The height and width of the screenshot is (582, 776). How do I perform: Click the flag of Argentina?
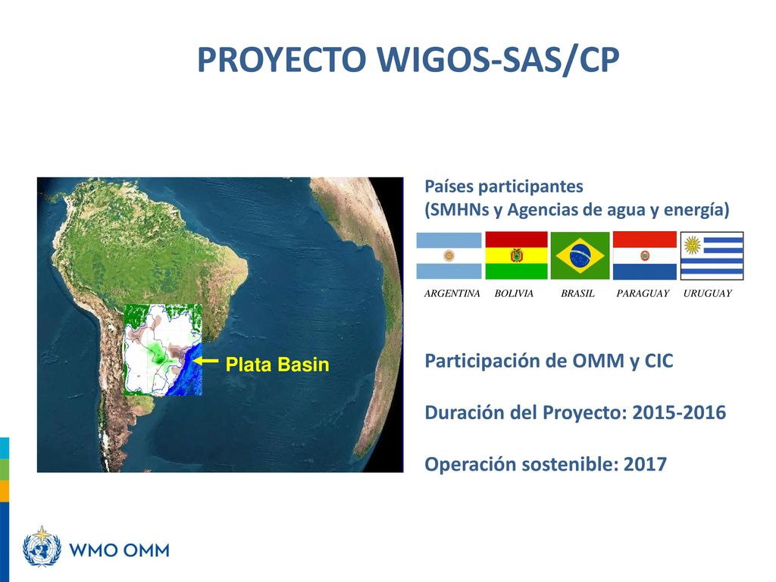(449, 255)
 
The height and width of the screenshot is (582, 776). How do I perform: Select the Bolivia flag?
(516, 255)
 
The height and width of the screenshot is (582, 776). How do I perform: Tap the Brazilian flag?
(580, 255)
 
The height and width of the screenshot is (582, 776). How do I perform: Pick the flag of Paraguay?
(644, 255)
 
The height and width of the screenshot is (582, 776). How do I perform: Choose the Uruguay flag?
(712, 256)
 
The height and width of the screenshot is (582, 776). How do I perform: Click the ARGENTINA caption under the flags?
(452, 293)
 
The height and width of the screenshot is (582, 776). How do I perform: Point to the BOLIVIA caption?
(514, 293)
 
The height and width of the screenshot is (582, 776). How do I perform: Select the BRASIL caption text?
(577, 293)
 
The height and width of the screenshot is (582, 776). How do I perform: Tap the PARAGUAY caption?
(643, 293)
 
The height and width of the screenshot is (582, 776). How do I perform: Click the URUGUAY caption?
(707, 293)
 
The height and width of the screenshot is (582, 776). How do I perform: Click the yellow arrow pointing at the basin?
(205, 361)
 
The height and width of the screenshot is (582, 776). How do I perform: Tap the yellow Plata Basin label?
(277, 365)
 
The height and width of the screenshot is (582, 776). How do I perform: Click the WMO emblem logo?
(42, 546)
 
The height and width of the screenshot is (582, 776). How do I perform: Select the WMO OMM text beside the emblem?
(119, 550)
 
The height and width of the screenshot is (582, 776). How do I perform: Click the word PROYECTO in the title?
(282, 60)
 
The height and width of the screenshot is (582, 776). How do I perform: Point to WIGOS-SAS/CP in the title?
(499, 61)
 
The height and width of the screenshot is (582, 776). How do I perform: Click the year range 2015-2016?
(679, 412)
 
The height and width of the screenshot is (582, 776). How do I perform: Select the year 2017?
(645, 465)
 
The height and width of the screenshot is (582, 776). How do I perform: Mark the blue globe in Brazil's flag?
(580, 255)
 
